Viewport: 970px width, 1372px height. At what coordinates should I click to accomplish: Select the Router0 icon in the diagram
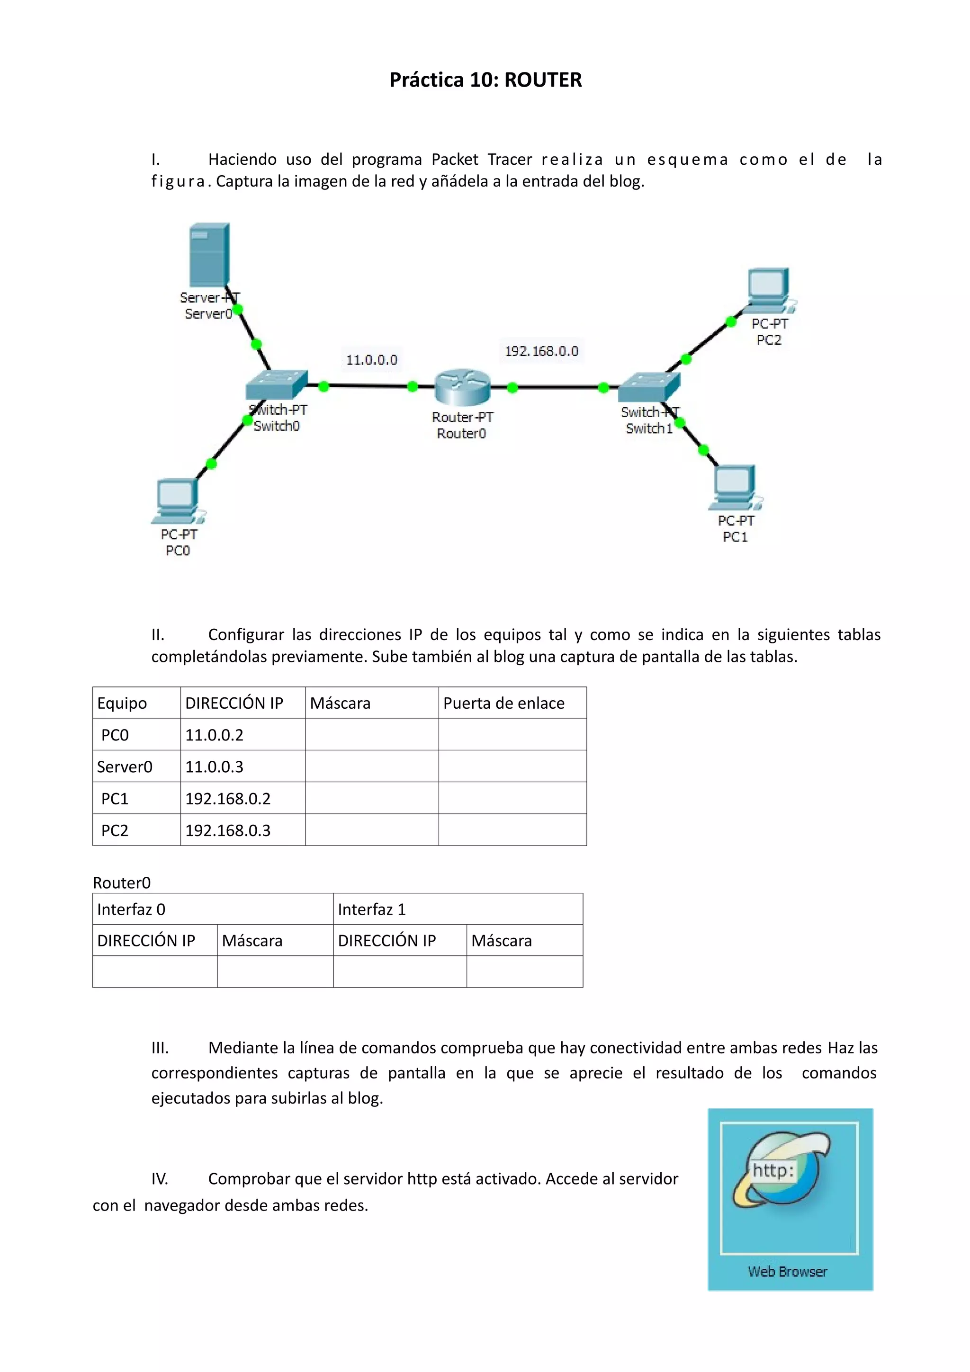click(462, 386)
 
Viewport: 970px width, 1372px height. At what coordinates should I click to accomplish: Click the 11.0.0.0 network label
click(371, 360)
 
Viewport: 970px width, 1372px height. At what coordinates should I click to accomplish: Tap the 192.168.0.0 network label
click(541, 351)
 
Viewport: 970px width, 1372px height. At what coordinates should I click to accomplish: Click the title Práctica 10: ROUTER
click(485, 80)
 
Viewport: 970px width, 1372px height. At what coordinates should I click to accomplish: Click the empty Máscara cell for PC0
click(372, 734)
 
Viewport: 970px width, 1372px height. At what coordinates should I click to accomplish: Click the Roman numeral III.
click(160, 1048)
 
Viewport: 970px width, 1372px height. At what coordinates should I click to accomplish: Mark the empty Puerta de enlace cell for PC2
click(512, 830)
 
